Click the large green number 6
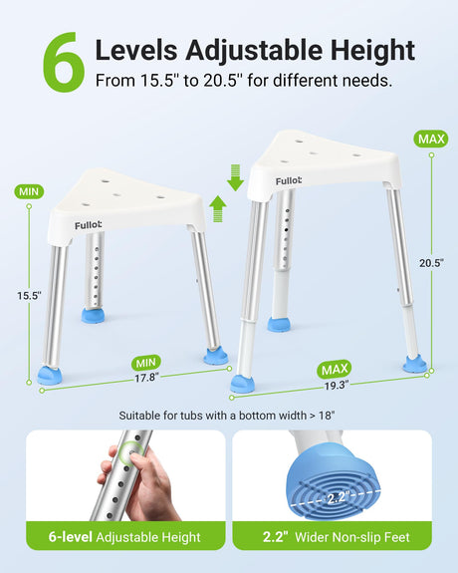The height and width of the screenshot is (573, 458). coord(64,62)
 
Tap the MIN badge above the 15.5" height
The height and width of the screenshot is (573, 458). coord(29,191)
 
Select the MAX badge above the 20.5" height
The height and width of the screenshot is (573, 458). coord(431,139)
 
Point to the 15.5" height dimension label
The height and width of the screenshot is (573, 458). coord(29,295)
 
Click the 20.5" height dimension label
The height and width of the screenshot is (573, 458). coord(431,263)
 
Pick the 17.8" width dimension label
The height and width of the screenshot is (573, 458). coord(146,377)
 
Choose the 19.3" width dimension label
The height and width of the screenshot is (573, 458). coord(337,386)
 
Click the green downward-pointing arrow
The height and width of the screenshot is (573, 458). coord(236,177)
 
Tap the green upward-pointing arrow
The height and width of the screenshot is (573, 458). coord(218,208)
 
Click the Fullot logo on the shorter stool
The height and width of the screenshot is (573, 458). coord(88,225)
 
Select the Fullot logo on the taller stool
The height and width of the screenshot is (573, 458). coord(289,181)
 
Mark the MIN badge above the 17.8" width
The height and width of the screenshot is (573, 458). coord(146,363)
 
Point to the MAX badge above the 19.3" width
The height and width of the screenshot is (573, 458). coord(335,370)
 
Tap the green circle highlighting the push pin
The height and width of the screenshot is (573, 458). coord(132,452)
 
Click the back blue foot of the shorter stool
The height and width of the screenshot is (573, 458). coord(93,315)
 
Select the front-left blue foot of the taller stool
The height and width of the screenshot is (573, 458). coord(242,384)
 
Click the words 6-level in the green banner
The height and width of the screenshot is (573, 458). coord(70,537)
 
